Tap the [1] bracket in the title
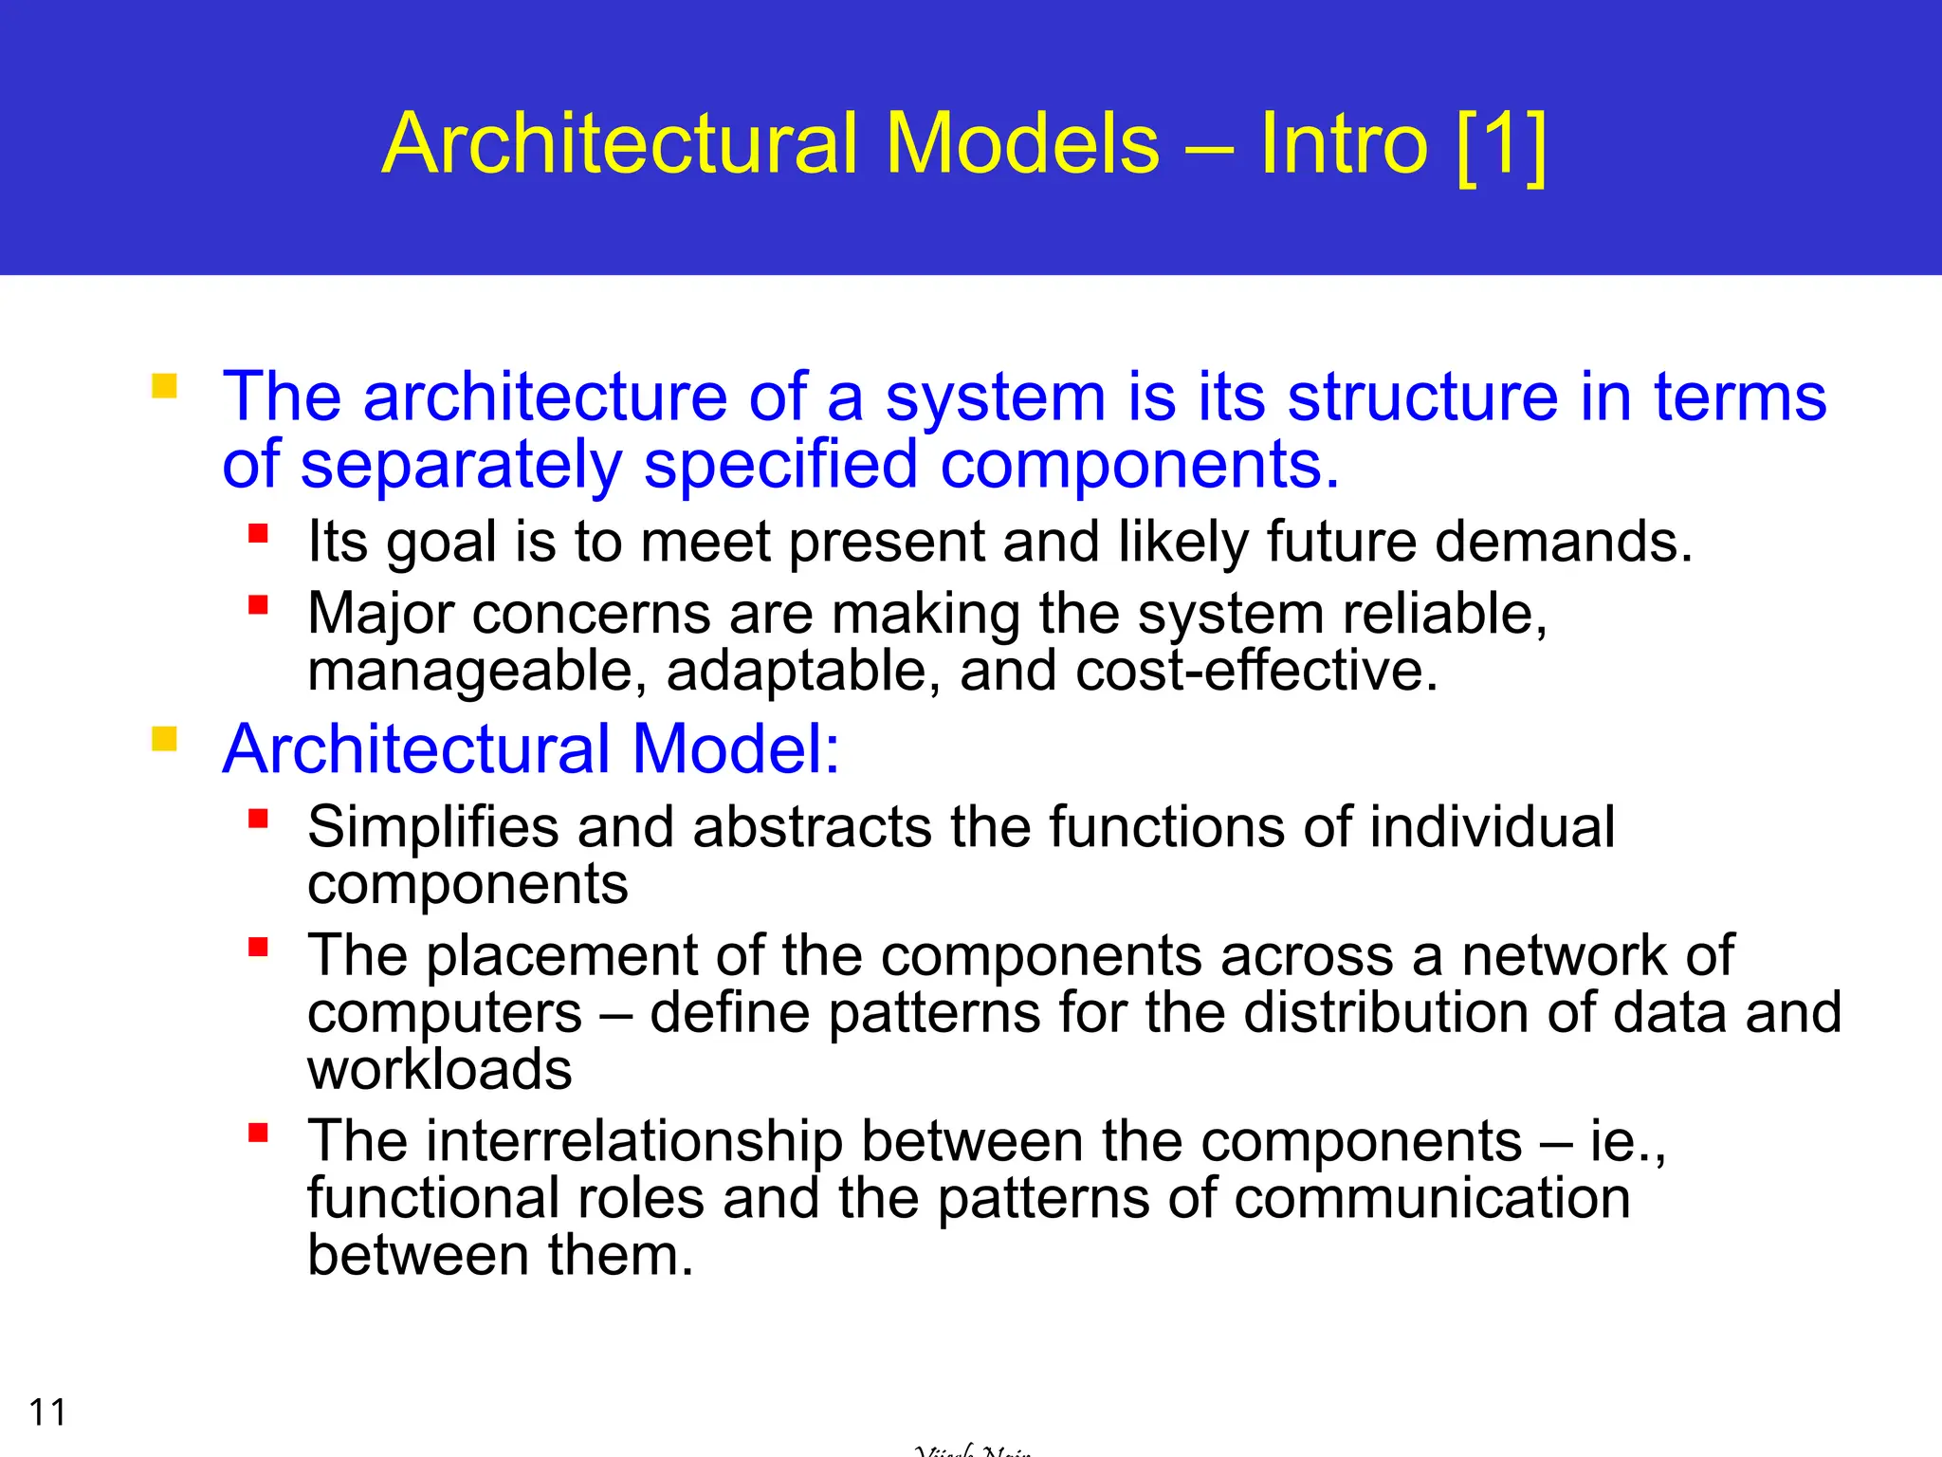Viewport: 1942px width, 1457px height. tap(1500, 144)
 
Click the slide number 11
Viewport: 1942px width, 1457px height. tap(47, 1412)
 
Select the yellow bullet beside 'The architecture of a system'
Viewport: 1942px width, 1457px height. tap(164, 387)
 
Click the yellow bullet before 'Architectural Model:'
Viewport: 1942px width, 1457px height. tap(164, 739)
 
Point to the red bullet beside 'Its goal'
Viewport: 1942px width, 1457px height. tap(258, 533)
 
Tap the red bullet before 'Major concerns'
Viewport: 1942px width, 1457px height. tap(258, 605)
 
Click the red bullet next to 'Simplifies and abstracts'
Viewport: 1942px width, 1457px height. tap(258, 819)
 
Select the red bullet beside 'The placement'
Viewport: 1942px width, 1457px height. tap(258, 947)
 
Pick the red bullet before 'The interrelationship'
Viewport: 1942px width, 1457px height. tap(258, 1133)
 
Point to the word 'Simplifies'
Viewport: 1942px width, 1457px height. tap(433, 827)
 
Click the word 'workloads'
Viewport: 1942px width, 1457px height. tap(440, 1070)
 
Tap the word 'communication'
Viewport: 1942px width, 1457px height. tap(1433, 1198)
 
